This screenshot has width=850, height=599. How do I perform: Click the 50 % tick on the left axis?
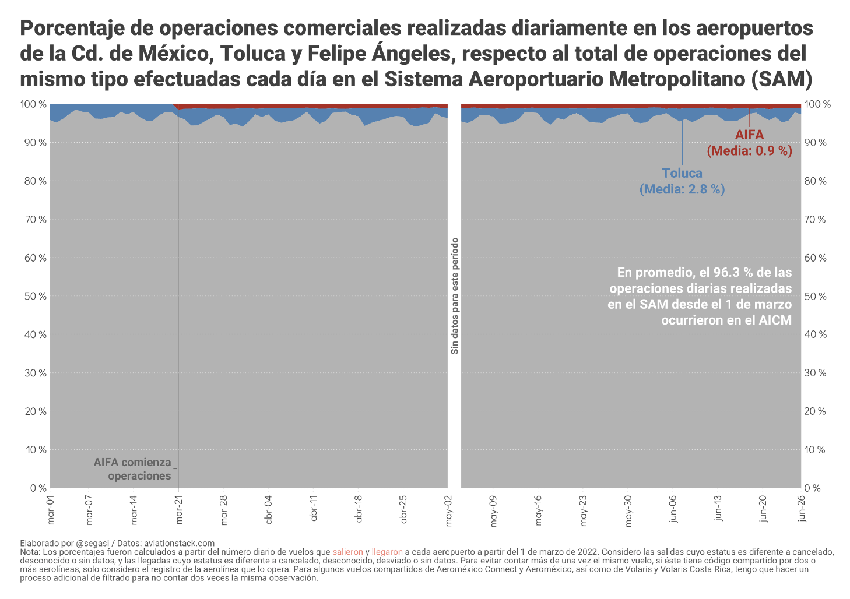coord(34,296)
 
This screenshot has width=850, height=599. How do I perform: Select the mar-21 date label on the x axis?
coord(180,510)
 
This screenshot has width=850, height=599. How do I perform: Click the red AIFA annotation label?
coord(749,135)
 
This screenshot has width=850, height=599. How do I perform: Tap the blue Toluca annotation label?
coord(682,173)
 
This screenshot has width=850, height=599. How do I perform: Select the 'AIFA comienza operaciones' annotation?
coord(133,469)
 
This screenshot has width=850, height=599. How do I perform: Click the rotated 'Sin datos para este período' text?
coord(455,296)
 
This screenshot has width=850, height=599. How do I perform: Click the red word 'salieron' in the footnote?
coord(348,552)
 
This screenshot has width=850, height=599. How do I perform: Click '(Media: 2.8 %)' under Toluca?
coord(682,189)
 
